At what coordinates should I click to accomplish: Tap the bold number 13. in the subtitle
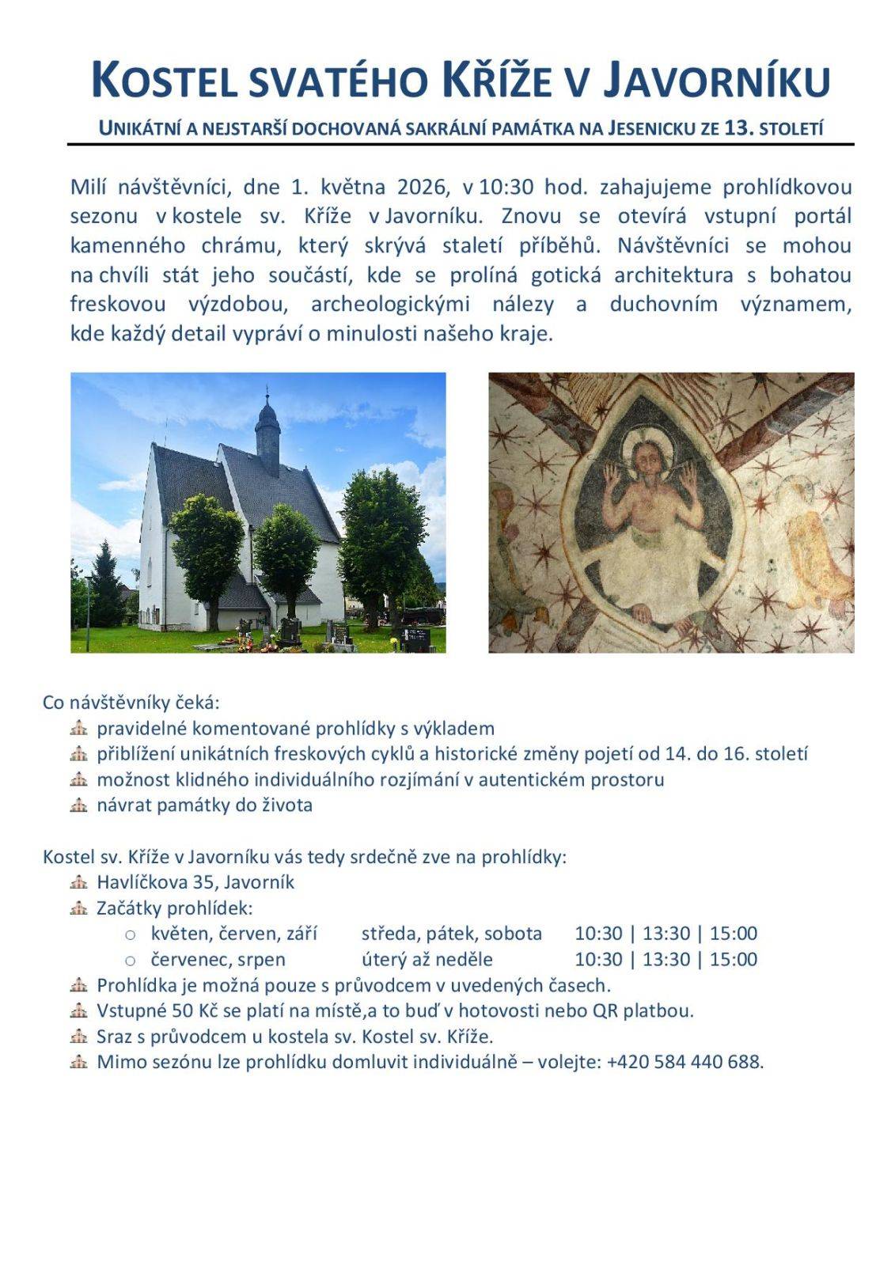pyautogui.click(x=739, y=128)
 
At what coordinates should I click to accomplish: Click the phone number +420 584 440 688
pyautogui.click(x=685, y=1062)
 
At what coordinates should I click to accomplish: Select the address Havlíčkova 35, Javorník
pyautogui.click(x=195, y=882)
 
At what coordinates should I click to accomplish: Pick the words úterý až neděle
pyautogui.click(x=427, y=959)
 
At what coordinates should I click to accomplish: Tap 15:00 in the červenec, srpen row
pyautogui.click(x=734, y=959)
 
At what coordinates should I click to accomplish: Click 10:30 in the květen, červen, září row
pyautogui.click(x=598, y=934)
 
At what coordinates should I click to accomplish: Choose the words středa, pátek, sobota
pyautogui.click(x=452, y=934)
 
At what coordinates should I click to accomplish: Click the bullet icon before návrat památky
pyautogui.click(x=78, y=805)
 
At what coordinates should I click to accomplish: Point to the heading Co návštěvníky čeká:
pyautogui.click(x=131, y=703)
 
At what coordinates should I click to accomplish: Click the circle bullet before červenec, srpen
pyautogui.click(x=131, y=960)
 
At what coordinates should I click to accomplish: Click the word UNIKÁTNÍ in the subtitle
pyautogui.click(x=136, y=128)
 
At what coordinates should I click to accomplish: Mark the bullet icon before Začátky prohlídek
pyautogui.click(x=78, y=908)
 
